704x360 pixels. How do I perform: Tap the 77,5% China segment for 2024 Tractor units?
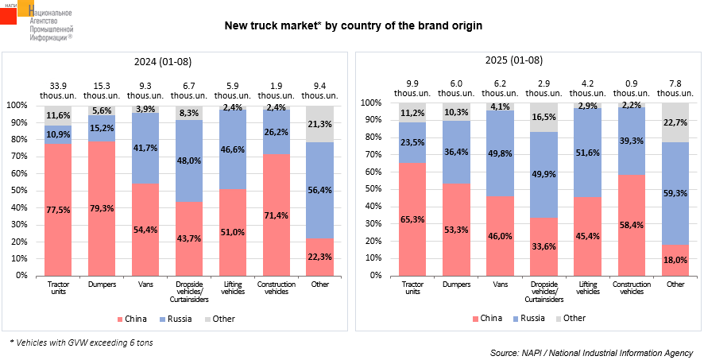(x=57, y=209)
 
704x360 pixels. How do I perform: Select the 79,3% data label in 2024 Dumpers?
(x=102, y=208)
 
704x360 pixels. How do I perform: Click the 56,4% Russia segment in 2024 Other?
(x=319, y=190)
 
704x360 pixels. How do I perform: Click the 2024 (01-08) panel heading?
(x=163, y=62)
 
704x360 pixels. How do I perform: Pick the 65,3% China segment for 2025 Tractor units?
(x=412, y=219)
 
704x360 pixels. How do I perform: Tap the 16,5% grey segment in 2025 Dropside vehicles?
(x=543, y=117)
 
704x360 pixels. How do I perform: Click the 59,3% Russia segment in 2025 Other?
(x=675, y=193)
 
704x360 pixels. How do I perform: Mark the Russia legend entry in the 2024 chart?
(x=176, y=319)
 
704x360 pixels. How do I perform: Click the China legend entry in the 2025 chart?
(x=487, y=318)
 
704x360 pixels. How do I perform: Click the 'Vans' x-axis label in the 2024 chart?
(x=145, y=285)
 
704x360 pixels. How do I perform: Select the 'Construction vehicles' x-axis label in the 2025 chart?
(x=631, y=288)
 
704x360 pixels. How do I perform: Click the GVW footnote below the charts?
(x=81, y=343)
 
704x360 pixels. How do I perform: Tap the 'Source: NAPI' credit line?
(x=592, y=352)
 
